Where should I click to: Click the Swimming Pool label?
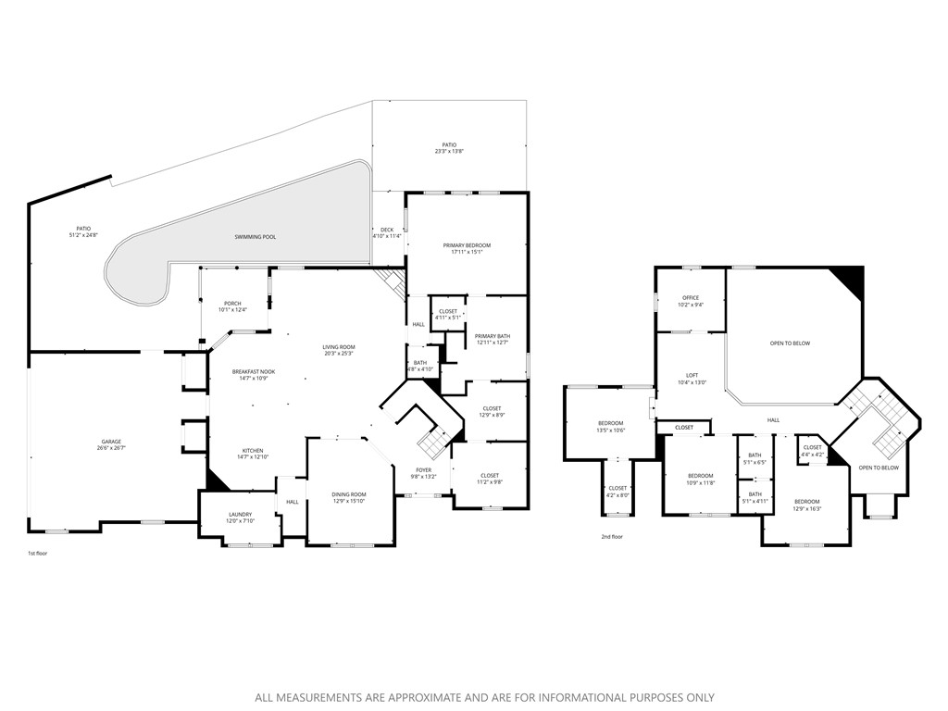tap(255, 237)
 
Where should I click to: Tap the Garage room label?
tap(111, 442)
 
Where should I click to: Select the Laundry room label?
tap(240, 515)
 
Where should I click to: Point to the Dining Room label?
tap(349, 494)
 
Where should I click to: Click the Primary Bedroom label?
tap(467, 245)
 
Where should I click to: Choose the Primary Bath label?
tap(493, 336)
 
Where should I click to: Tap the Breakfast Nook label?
tap(254, 371)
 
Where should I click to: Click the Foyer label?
tap(424, 470)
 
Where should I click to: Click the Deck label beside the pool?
tap(387, 230)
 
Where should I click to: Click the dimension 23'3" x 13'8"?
tap(449, 151)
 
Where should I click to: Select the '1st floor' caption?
tap(38, 554)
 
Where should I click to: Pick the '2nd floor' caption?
tap(612, 536)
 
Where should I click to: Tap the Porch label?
tap(233, 304)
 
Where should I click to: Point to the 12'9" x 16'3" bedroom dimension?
tap(806, 508)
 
